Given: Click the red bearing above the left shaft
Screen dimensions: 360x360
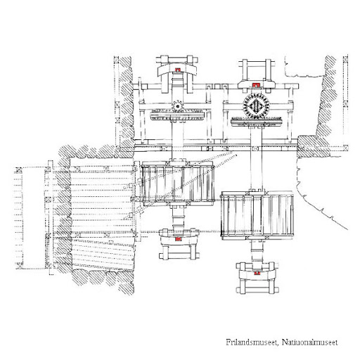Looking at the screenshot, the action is (178, 70).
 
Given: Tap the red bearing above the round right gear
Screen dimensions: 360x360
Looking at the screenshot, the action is (255, 84).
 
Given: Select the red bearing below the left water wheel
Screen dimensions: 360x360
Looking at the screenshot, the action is (179, 239).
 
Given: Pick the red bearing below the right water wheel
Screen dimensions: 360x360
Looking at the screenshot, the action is (257, 273).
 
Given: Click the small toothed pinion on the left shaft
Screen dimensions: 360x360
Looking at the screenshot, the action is (177, 106).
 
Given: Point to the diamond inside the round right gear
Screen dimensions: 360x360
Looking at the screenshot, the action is (256, 106).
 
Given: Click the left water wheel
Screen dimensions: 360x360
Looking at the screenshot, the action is (178, 184).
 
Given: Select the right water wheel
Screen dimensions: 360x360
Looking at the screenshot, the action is (257, 215).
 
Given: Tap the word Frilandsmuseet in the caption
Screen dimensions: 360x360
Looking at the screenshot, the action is (252, 342).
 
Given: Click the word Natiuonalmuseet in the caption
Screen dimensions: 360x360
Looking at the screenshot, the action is (310, 342).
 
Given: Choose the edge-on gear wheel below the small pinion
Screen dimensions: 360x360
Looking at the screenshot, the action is (177, 115).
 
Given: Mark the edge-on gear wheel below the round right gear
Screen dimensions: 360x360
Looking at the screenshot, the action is (257, 122).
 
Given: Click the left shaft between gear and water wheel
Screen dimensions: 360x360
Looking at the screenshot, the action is (177, 141).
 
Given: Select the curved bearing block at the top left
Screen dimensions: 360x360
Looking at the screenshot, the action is (178, 69).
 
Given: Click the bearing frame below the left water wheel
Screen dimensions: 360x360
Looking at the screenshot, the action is (179, 244).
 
